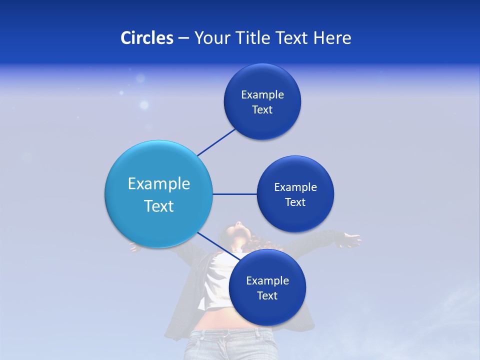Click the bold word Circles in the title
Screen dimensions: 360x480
click(147, 38)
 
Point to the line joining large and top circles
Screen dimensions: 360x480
click(216, 142)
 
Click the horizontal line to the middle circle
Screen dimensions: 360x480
click(234, 194)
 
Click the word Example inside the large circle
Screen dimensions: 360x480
click(159, 184)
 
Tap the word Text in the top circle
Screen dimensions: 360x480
click(262, 110)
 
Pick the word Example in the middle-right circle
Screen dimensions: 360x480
click(295, 187)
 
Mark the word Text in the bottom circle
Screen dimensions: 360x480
click(267, 296)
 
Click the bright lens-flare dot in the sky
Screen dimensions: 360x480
click(144, 105)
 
